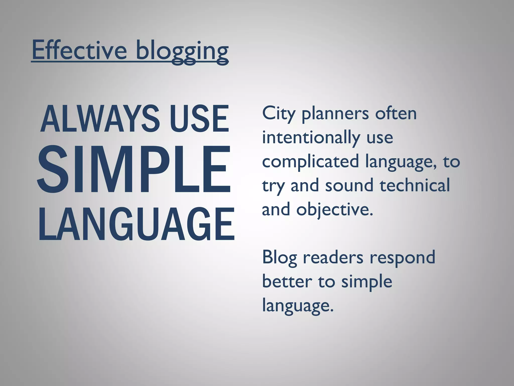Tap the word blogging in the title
(x=182, y=52)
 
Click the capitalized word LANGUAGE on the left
(x=137, y=224)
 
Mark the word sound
(x=349, y=185)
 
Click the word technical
(x=415, y=185)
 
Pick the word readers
(x=333, y=257)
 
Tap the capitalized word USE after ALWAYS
(x=200, y=119)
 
